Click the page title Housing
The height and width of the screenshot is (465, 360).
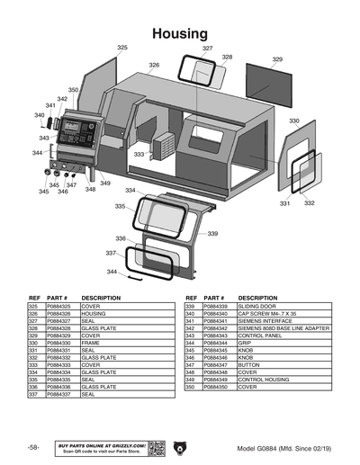(180, 33)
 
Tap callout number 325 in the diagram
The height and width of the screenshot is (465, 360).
(122, 47)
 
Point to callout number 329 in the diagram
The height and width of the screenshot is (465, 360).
(277, 59)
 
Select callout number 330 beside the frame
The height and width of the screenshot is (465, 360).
(293, 121)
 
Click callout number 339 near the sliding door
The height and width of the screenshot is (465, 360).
(212, 233)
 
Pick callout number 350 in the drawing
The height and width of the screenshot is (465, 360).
(74, 90)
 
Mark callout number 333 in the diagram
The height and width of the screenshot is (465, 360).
(139, 155)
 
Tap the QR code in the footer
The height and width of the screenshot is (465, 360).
(156, 447)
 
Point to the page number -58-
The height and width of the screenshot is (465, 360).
(32, 448)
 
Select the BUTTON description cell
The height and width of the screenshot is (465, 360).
(250, 364)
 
